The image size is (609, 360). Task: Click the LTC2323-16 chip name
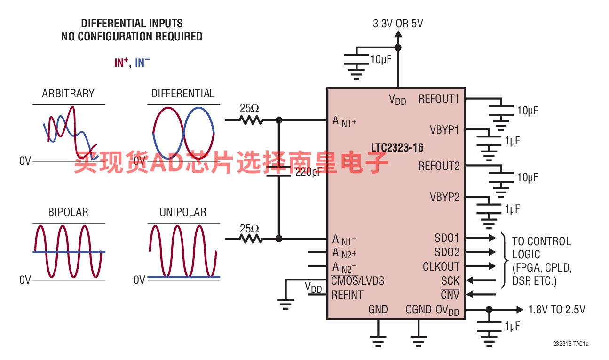point(397,148)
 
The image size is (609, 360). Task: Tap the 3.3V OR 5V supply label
point(398,24)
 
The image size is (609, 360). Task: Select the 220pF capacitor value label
point(308,172)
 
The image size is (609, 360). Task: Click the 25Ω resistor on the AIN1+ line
point(251,120)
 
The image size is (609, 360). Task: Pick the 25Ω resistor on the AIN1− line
point(251,239)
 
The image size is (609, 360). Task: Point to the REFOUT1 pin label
point(439,99)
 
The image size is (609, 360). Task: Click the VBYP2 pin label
point(444,197)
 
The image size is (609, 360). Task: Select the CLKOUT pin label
point(441,267)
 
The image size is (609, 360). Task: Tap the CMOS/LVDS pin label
point(358,281)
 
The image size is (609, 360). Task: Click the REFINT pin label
point(347,295)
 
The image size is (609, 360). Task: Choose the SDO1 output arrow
point(481,238)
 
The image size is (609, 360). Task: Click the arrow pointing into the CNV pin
point(481,294)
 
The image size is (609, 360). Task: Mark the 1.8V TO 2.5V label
point(556,310)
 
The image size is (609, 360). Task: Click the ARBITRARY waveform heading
point(68,94)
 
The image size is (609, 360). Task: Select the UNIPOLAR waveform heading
point(183,212)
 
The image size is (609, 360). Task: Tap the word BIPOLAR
point(68,212)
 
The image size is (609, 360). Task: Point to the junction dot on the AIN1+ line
point(279,120)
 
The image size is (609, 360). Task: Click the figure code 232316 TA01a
point(570,344)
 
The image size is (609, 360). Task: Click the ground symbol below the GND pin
point(378,342)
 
